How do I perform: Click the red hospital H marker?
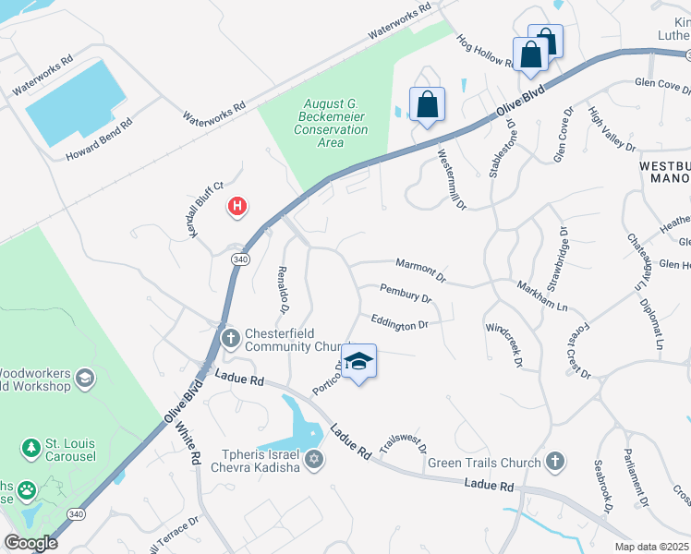[x=237, y=206]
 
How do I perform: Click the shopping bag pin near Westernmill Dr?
[x=427, y=104]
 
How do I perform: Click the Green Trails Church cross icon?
[x=554, y=460]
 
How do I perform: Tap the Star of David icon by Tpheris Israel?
[x=314, y=459]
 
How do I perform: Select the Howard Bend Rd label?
[x=100, y=138]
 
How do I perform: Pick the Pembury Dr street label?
[x=406, y=295]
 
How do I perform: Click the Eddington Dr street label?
[x=399, y=324]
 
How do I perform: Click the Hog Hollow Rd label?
[x=485, y=54]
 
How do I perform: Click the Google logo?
[x=31, y=542]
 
